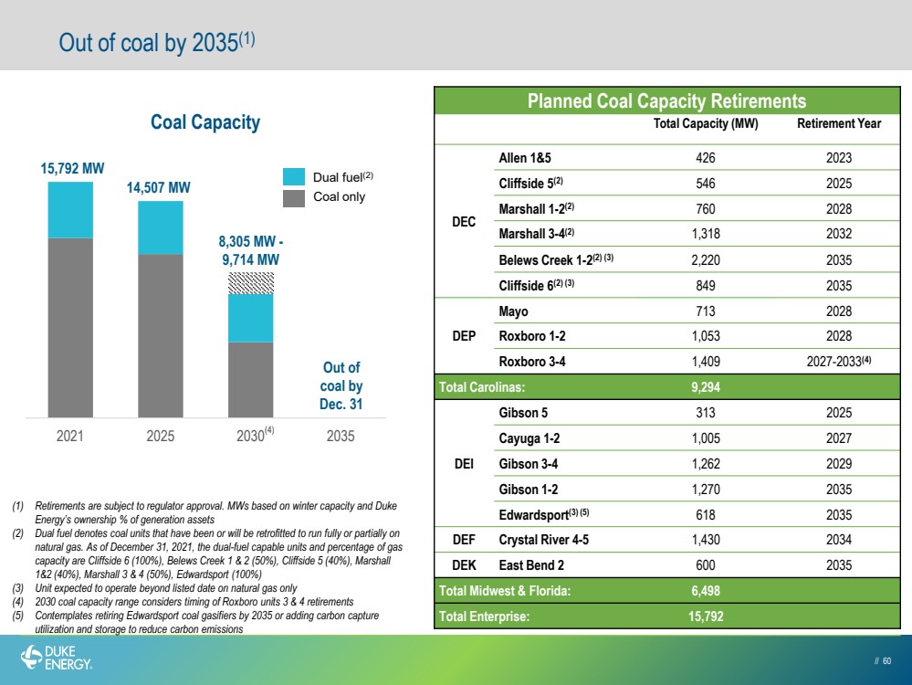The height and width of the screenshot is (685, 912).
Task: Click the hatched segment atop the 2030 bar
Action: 251,283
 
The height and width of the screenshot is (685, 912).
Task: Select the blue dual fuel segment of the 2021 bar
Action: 70,210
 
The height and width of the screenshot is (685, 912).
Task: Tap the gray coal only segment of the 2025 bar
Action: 161,336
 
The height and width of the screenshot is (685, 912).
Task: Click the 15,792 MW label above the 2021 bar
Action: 72,169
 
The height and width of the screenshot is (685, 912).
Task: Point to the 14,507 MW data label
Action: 158,187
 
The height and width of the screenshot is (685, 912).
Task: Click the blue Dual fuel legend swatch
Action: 294,177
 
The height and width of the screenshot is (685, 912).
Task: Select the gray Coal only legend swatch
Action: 294,198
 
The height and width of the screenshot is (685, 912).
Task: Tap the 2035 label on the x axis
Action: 341,436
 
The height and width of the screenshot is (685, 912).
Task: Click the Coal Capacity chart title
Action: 205,122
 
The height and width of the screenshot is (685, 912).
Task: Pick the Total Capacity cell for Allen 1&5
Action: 706,158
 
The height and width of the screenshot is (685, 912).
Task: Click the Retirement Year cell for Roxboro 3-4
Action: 839,362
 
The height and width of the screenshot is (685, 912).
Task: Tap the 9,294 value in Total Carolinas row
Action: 706,387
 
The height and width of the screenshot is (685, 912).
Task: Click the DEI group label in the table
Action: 464,464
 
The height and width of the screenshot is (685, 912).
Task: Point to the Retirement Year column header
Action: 839,123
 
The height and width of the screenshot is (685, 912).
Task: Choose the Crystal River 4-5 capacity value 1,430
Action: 706,540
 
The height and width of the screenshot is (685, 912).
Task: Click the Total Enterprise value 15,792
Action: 706,616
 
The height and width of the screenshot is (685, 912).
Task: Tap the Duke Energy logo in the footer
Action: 57,658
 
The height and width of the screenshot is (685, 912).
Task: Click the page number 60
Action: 886,660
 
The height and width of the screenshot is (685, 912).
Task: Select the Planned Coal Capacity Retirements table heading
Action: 666,100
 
